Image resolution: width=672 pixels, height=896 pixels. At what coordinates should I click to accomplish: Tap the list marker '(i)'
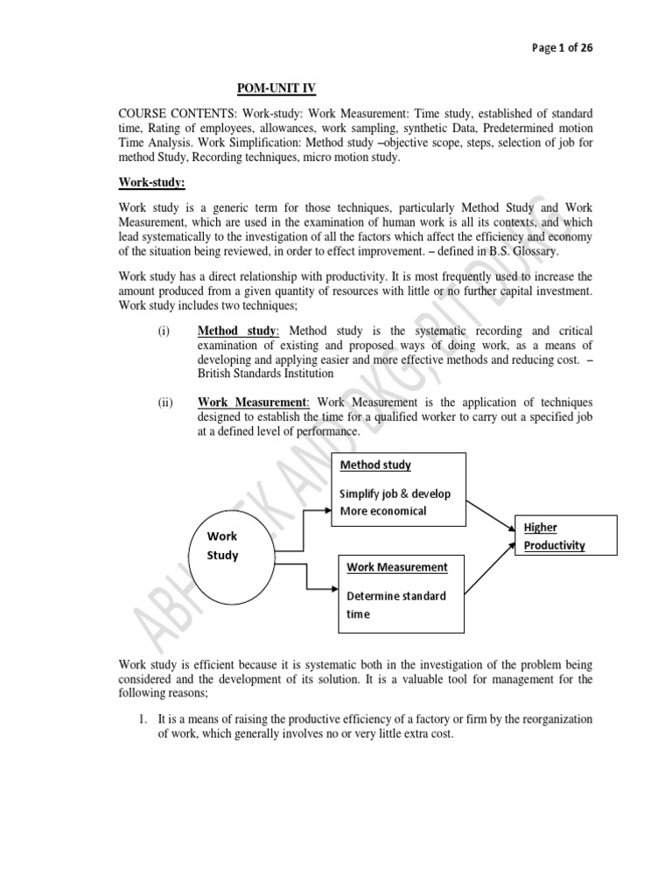pos(164,332)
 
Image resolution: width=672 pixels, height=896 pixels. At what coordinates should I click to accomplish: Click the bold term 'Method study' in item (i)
pos(236,332)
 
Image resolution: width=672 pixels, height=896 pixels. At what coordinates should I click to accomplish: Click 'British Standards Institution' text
pos(265,374)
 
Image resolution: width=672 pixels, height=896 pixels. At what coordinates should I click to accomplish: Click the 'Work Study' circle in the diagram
pos(222,546)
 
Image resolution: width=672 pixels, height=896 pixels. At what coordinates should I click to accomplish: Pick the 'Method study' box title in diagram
pos(375,465)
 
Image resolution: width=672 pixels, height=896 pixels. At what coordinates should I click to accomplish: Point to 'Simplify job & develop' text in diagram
pos(395,493)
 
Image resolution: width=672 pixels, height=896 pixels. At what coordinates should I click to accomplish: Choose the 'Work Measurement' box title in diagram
pos(396,567)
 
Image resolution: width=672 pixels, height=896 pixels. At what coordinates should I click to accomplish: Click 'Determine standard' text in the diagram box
pos(395,596)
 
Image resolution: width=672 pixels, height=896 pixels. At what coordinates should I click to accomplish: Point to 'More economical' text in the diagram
pos(383,511)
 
